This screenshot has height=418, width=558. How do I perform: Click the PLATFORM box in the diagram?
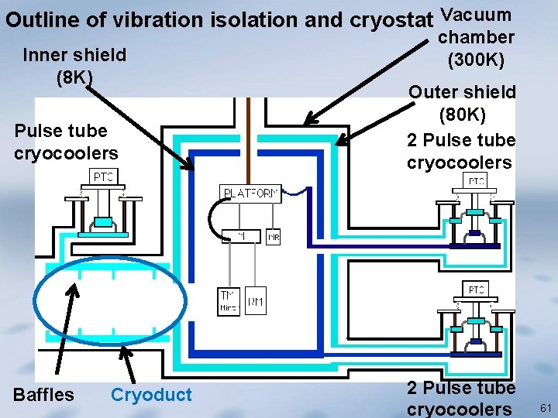(250, 193)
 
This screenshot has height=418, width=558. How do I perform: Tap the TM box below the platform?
(229, 301)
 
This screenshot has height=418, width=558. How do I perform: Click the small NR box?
(273, 238)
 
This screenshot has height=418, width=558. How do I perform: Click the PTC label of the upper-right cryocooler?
(476, 181)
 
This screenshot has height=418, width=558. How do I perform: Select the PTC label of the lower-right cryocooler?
(476, 290)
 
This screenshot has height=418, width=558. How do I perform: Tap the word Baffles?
(43, 395)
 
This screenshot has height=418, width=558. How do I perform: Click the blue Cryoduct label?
(151, 395)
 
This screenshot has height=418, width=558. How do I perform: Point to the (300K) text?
(476, 59)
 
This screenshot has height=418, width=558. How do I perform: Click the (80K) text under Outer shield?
(463, 115)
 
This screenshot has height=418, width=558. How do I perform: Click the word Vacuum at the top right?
(475, 14)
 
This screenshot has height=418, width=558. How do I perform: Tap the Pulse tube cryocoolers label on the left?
(66, 142)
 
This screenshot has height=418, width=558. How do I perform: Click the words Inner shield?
(74, 55)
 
